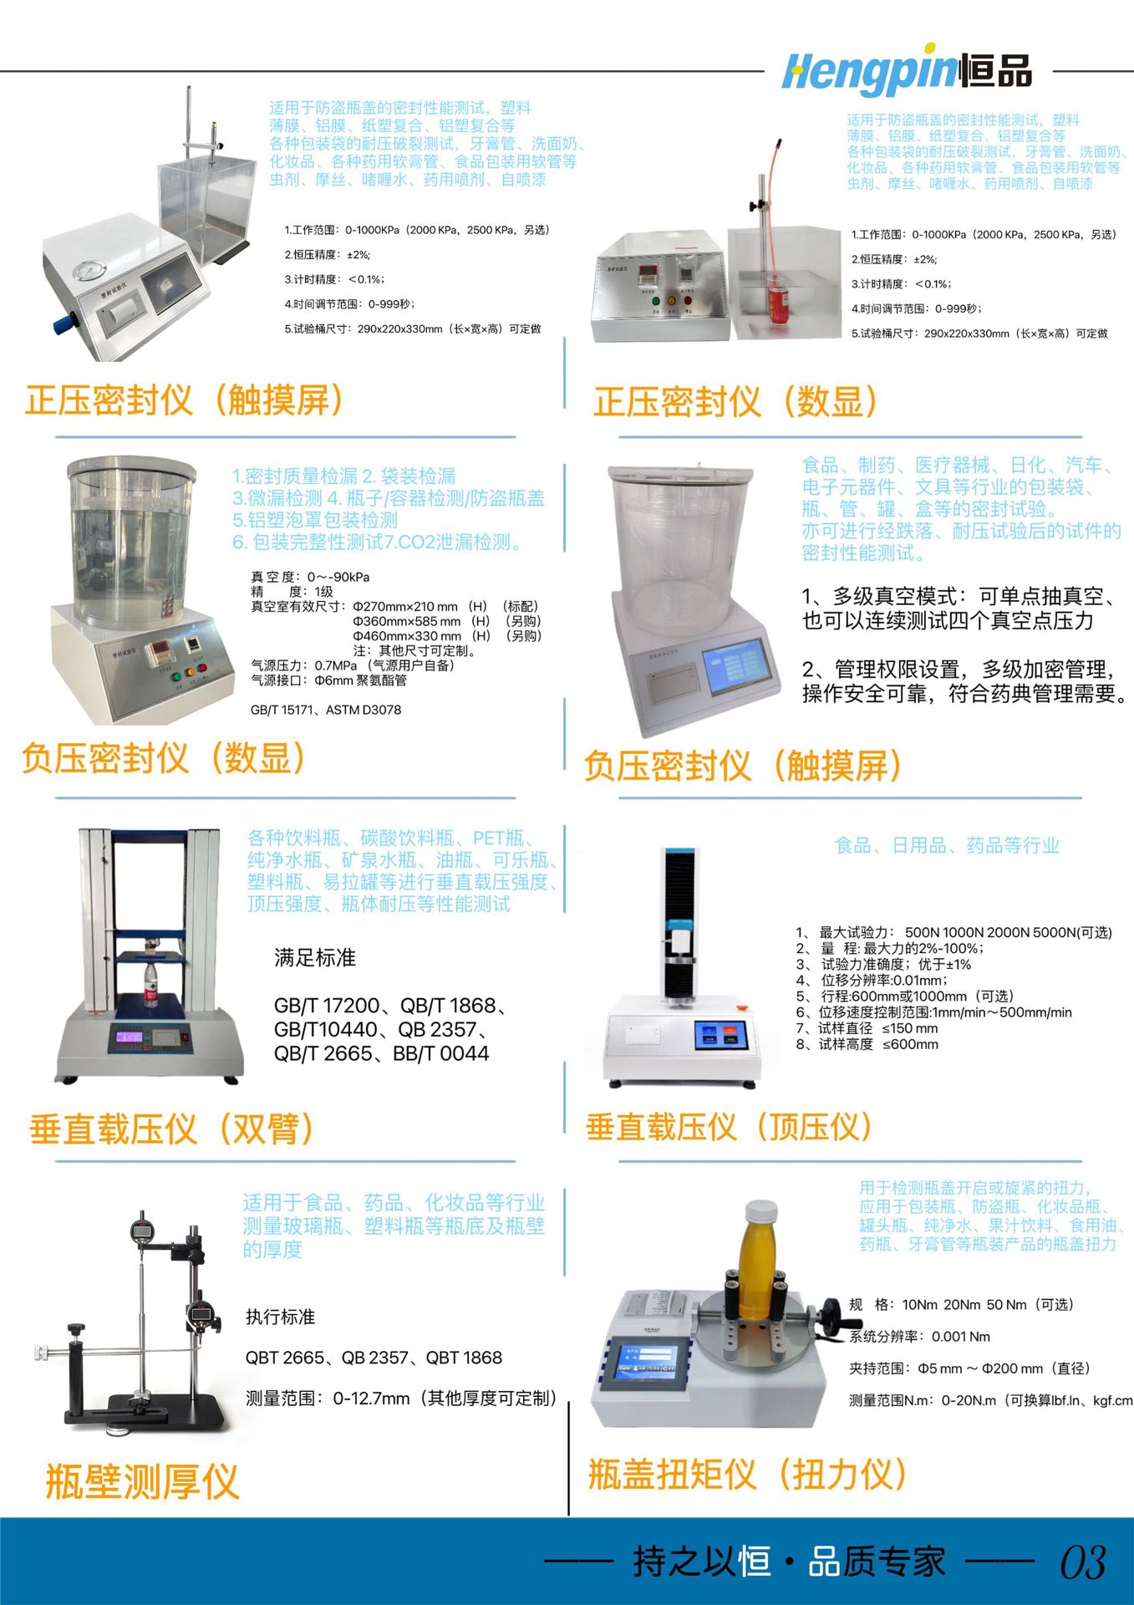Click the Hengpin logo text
click(x=907, y=71)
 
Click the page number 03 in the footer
click(x=1083, y=1562)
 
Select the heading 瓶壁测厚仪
click(x=142, y=1482)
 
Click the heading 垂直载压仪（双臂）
click(x=172, y=1129)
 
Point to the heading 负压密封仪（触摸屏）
click(x=743, y=766)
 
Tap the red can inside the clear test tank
click(x=777, y=305)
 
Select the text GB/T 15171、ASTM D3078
click(x=326, y=710)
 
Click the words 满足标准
click(x=315, y=958)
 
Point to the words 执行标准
click(x=280, y=1317)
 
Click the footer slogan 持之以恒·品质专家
click(x=789, y=1562)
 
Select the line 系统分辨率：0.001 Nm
click(x=919, y=1337)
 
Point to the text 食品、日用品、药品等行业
click(x=947, y=846)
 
